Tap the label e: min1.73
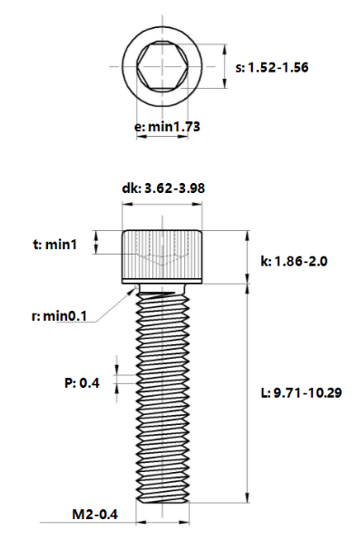tap(167, 128)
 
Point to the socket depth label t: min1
tap(55, 244)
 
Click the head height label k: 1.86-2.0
tap(293, 261)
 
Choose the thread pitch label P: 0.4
tap(82, 383)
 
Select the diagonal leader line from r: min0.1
tap(112, 304)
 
